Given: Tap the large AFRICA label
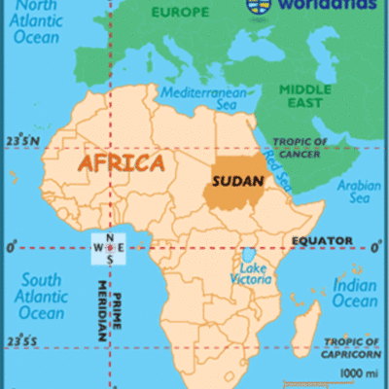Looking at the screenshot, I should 122,162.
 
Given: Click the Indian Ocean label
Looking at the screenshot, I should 355,293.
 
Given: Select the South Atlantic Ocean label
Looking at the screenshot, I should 40,294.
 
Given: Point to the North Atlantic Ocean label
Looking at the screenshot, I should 36,25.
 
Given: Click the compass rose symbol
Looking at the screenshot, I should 109,247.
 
